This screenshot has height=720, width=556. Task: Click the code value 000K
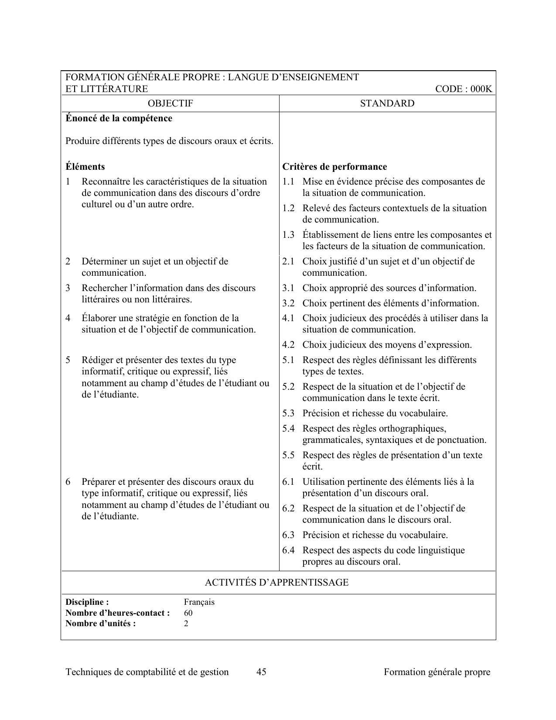coord(481,89)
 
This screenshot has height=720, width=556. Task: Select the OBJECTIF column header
coord(170,103)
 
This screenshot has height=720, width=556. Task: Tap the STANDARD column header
coord(387,103)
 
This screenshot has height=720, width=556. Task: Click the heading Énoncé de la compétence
coord(119,118)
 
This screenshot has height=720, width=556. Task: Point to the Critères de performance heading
coord(334,167)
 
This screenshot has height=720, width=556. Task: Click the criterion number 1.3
coord(288,235)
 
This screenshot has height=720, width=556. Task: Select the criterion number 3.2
coord(288,303)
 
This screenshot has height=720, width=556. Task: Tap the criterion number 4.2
coord(288,345)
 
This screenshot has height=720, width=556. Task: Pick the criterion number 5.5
coord(288,455)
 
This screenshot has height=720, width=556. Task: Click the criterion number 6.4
coord(288,550)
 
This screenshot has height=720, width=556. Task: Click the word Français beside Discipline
coord(199,602)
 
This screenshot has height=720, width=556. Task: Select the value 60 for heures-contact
coord(188,613)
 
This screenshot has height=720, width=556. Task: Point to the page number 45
coord(262,672)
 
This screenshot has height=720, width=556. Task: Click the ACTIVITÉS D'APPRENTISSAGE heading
coord(276,583)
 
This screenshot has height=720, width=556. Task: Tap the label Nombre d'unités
coord(100,623)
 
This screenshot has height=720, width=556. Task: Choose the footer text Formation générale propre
coord(437,672)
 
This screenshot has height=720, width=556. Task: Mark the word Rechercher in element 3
coord(104,288)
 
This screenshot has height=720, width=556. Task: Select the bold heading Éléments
coord(85,167)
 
